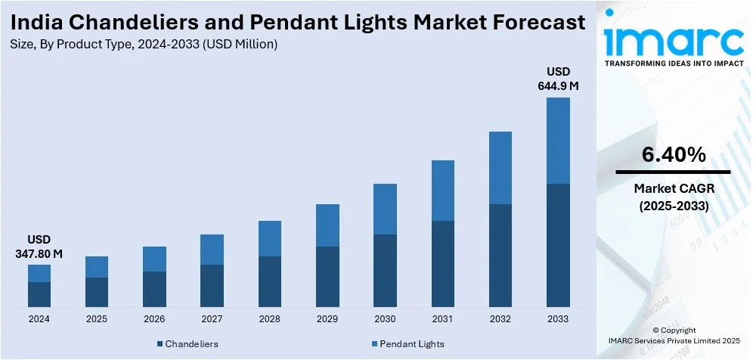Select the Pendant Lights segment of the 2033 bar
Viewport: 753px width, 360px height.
557,141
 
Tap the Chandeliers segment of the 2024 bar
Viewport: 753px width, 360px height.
39,293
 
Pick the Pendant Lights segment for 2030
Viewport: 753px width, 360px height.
385,209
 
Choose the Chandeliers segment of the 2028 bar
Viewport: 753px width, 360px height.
270,281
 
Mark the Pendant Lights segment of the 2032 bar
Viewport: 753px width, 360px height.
500,168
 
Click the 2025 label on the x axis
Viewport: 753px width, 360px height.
97,319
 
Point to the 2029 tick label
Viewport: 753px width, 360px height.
327,319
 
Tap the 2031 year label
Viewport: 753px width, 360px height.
442,319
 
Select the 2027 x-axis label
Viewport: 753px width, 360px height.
212,319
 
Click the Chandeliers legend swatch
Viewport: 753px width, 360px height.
160,344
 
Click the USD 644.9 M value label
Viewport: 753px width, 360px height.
558,79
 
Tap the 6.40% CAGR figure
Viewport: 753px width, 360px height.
674,156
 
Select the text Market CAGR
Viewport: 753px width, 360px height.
674,188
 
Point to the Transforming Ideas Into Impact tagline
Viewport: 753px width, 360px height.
674,64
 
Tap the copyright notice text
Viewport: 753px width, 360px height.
674,336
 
